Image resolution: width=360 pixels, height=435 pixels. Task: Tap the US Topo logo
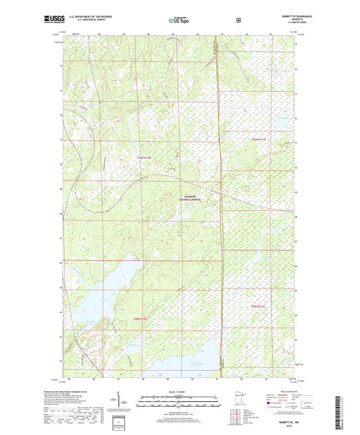[178, 20]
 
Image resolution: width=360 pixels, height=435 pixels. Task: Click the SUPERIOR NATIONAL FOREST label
[191, 199]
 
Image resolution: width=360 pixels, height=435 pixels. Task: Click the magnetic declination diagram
[128, 404]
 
